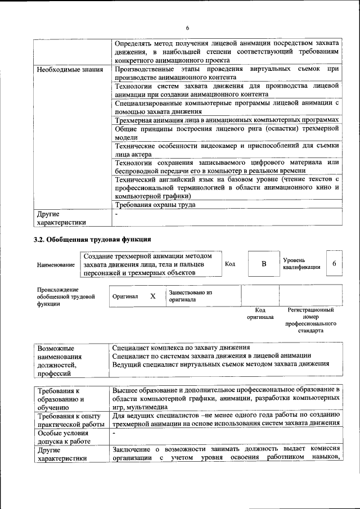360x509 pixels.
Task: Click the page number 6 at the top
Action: click(x=187, y=29)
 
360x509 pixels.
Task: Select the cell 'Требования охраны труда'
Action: click(x=155, y=205)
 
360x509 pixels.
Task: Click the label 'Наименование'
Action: click(x=56, y=264)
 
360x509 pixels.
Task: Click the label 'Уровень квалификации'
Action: click(x=301, y=264)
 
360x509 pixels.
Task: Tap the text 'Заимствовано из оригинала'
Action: click(x=190, y=296)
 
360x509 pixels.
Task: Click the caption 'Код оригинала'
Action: click(x=260, y=313)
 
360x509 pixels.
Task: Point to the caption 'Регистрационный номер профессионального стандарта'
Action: click(x=310, y=321)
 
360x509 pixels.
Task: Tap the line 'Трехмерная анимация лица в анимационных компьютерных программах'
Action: click(x=227, y=120)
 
